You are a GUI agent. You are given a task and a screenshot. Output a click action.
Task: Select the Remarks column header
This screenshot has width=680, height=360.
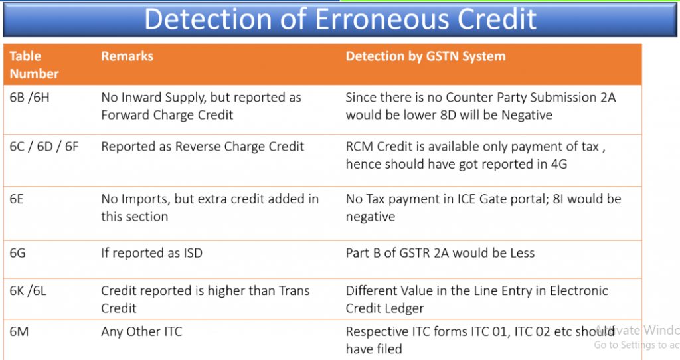pyautogui.click(x=127, y=56)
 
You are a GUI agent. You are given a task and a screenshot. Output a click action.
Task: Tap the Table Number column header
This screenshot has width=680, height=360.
pyautogui.click(x=34, y=65)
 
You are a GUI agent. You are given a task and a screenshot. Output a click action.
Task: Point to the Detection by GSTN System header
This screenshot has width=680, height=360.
pyautogui.click(x=426, y=56)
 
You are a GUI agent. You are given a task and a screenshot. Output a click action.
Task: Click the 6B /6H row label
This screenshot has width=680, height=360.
pyautogui.click(x=29, y=97)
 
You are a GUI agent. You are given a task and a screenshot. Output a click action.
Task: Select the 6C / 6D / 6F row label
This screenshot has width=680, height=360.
pyautogui.click(x=44, y=147)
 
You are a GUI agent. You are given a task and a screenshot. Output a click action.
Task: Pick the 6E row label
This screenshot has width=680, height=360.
pyautogui.click(x=17, y=199)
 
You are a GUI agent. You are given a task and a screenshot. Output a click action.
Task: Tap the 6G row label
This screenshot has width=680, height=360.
pyautogui.click(x=17, y=253)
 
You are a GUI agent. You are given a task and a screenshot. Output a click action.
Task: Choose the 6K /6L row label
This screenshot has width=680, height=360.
pyautogui.click(x=28, y=290)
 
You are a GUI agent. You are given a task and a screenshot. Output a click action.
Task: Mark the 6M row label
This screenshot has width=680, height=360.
pyautogui.click(x=19, y=331)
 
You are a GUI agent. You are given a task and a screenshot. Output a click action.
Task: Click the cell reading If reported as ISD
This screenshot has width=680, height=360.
pyautogui.click(x=152, y=253)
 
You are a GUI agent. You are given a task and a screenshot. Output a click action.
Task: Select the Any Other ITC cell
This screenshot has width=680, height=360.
pyautogui.click(x=142, y=331)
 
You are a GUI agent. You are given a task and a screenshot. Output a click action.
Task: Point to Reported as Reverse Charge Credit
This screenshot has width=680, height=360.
pyautogui.click(x=203, y=147)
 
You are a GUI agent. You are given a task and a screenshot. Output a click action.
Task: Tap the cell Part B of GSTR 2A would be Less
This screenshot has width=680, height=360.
pyautogui.click(x=440, y=253)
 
